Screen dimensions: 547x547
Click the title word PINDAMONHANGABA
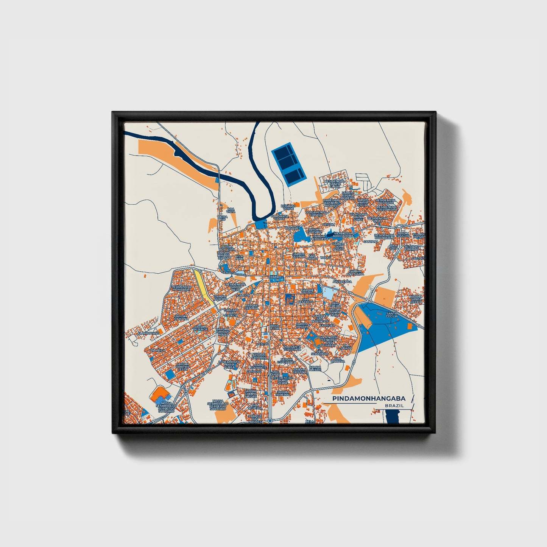369,399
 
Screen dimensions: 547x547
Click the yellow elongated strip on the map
202,285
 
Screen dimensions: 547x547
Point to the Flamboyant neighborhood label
148,333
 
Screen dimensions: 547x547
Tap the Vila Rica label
157,351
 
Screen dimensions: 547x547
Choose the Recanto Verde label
288,207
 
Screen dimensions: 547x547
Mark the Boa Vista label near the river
231,210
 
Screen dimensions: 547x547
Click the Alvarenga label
342,282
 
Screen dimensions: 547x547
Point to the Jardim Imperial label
283,392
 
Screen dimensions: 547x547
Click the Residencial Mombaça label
182,288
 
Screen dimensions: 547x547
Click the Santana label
371,241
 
